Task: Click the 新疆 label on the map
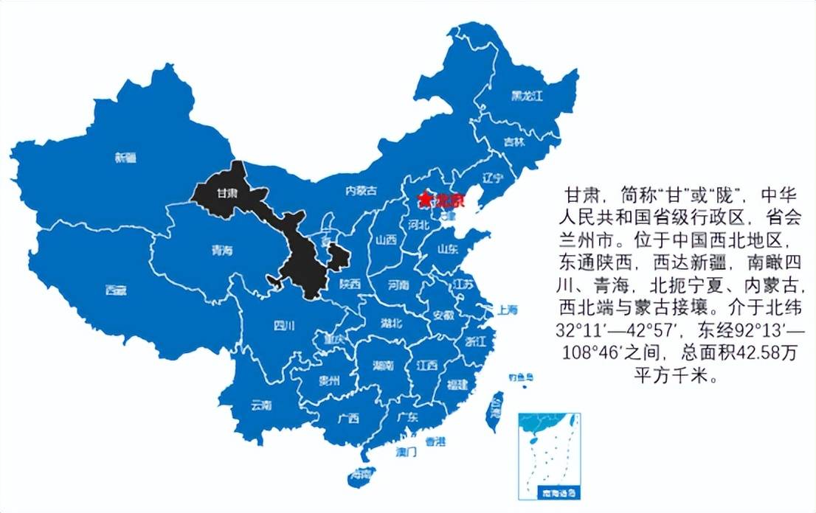click(x=126, y=157)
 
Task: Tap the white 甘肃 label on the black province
click(x=227, y=194)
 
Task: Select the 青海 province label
click(x=221, y=251)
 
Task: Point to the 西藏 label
click(x=116, y=290)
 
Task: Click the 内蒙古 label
click(x=361, y=191)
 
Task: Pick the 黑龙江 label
click(x=528, y=96)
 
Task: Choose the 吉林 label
click(x=514, y=142)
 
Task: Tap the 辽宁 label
click(x=492, y=178)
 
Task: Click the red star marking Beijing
click(x=423, y=199)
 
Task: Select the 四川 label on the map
click(x=284, y=325)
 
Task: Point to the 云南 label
click(x=262, y=405)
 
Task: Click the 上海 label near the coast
click(x=508, y=310)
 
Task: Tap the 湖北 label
click(x=391, y=323)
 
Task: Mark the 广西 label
click(x=348, y=419)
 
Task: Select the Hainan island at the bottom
click(x=362, y=475)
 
